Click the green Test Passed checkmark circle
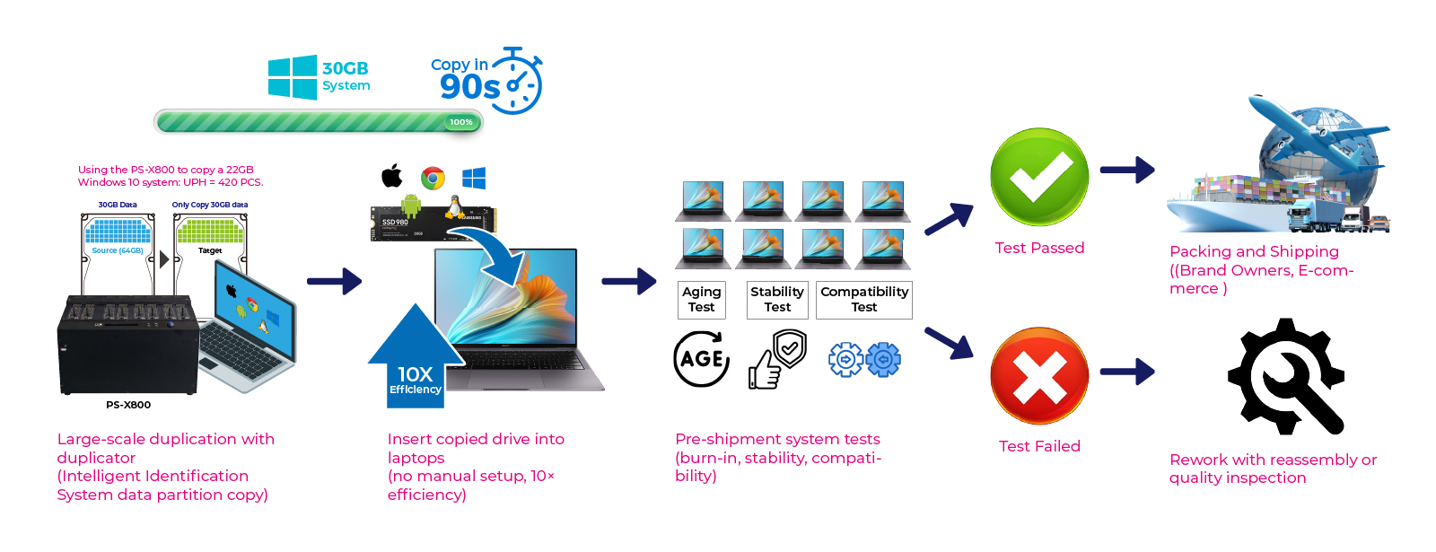[1038, 177]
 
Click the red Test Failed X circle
[1038, 375]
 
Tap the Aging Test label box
[701, 300]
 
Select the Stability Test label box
[777, 300]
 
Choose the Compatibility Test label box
[863, 300]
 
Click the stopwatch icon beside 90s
[519, 83]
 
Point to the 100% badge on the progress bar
[461, 122]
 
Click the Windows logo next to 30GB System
[293, 77]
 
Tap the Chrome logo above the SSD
[433, 178]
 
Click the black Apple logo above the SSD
[392, 176]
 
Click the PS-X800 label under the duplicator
[128, 405]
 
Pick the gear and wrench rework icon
[1285, 376]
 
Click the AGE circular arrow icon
[701, 358]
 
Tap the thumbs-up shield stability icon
[777, 359]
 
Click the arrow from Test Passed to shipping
[1127, 170]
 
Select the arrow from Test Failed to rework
[1127, 371]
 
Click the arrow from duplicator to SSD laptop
[334, 281]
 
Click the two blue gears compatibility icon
[863, 360]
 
